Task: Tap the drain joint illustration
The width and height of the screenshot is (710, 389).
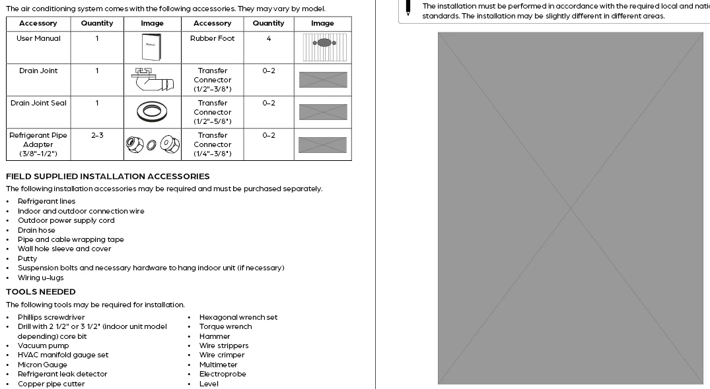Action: pos(151,80)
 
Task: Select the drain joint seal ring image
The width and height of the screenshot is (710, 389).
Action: pos(151,111)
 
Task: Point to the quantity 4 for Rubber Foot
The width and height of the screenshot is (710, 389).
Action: pos(269,39)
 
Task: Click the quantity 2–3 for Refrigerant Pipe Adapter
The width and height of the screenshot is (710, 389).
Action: pos(97,135)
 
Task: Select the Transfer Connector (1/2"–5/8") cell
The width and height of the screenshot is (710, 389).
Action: pos(213,112)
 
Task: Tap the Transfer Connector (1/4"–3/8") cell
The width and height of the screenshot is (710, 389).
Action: pos(213,144)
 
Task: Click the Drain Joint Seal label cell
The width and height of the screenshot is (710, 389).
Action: pos(38,103)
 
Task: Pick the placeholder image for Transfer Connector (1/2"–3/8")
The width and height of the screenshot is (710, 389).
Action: pos(322,80)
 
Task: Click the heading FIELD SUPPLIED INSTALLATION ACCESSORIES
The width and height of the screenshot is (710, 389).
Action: pos(108,177)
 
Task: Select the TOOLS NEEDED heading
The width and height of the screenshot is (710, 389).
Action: pos(41,292)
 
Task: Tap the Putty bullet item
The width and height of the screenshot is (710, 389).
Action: pos(28,258)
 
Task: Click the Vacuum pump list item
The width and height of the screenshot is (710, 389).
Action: pos(43,345)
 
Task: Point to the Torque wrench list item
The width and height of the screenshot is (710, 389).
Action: pos(225,326)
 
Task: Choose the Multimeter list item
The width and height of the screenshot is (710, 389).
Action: pos(218,365)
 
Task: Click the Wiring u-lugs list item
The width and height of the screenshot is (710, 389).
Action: pos(41,278)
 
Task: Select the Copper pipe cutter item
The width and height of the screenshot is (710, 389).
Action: pos(51,384)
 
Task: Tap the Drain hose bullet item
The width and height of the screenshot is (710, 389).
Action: pos(36,230)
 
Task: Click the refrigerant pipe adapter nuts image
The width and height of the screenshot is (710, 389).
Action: pos(151,144)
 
